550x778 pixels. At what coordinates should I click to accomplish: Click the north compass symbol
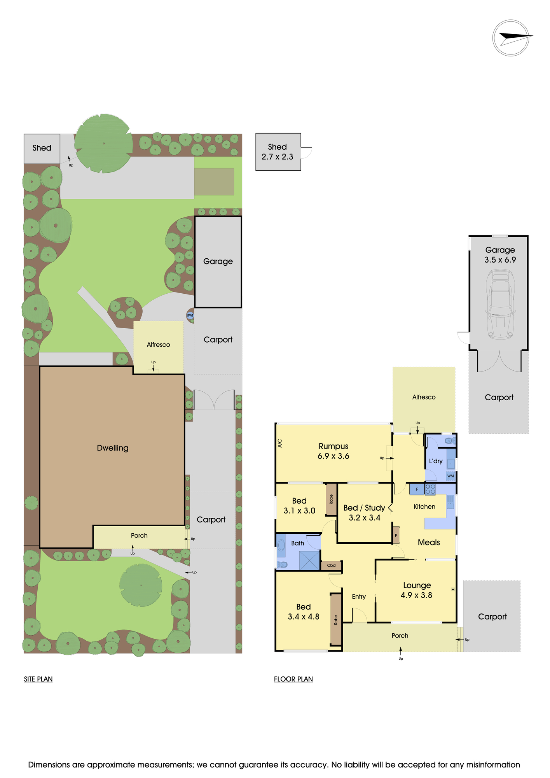pyautogui.click(x=511, y=38)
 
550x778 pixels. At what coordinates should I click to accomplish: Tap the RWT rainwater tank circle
pyautogui.click(x=190, y=315)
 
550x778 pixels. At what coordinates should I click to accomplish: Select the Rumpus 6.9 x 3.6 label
pyautogui.click(x=333, y=451)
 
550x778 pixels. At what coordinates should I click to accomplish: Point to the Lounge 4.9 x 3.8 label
pyautogui.click(x=417, y=590)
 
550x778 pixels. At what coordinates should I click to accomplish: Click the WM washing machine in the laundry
pyautogui.click(x=450, y=476)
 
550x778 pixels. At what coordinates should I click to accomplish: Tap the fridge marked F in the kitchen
pyautogui.click(x=417, y=489)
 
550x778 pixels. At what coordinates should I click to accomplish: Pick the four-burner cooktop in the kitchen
pyautogui.click(x=430, y=489)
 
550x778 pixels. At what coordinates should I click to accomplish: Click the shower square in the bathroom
pyautogui.click(x=310, y=561)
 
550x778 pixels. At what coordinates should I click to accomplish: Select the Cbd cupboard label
pyautogui.click(x=331, y=565)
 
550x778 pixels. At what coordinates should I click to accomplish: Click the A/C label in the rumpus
pyautogui.click(x=280, y=443)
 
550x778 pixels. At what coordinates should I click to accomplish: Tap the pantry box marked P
pyautogui.click(x=396, y=535)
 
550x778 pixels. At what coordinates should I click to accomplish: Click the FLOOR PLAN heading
pyautogui.click(x=293, y=679)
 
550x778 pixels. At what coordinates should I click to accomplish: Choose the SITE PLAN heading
pyautogui.click(x=38, y=679)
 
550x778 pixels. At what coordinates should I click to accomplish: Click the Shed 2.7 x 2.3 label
pyautogui.click(x=278, y=152)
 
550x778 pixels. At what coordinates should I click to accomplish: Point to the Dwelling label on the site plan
pyautogui.click(x=113, y=448)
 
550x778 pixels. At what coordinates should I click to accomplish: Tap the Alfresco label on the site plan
pyautogui.click(x=159, y=345)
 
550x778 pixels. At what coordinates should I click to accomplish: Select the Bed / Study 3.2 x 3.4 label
pyautogui.click(x=364, y=513)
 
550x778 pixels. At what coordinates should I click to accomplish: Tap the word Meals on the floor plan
pyautogui.click(x=429, y=542)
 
